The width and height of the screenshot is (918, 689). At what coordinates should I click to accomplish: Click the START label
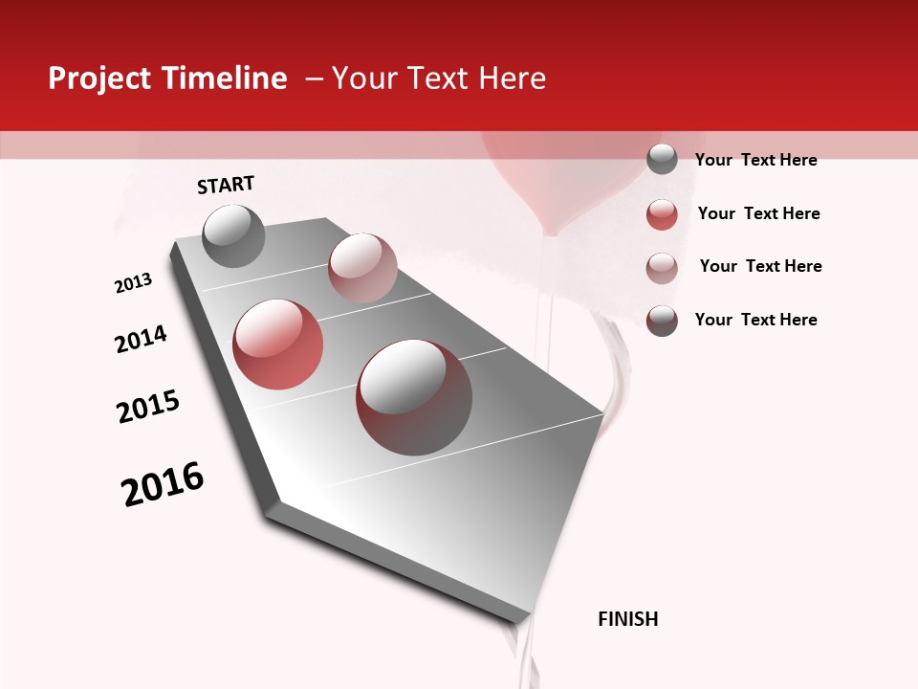pyautogui.click(x=226, y=185)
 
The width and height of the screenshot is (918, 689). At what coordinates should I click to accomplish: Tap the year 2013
pyautogui.click(x=134, y=283)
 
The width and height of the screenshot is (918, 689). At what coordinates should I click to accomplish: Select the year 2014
pyautogui.click(x=141, y=340)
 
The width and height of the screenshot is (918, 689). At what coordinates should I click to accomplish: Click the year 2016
pyautogui.click(x=163, y=484)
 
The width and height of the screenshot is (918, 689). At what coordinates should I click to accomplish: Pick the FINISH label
pyautogui.click(x=628, y=619)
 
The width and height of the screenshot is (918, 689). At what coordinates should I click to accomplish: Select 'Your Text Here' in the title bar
pyautogui.click(x=439, y=78)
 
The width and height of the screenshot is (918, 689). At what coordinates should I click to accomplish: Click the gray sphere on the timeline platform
pyautogui.click(x=233, y=235)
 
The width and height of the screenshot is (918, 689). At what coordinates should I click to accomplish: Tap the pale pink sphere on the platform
pyautogui.click(x=362, y=267)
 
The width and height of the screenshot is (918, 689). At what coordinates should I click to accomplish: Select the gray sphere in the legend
pyautogui.click(x=662, y=159)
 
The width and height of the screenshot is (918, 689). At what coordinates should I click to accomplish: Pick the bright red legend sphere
pyautogui.click(x=662, y=213)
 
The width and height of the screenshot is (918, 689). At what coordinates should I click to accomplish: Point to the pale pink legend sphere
pyautogui.click(x=662, y=267)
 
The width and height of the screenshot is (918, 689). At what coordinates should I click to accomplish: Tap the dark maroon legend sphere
pyautogui.click(x=662, y=321)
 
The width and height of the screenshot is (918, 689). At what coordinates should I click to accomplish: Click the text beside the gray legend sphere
pyautogui.click(x=755, y=160)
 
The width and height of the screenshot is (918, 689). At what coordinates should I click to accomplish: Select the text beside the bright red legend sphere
pyautogui.click(x=758, y=213)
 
